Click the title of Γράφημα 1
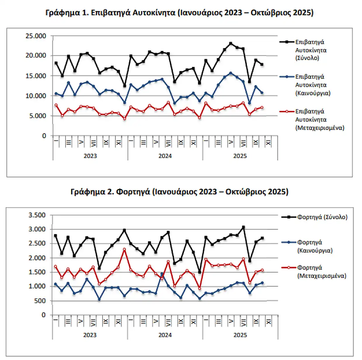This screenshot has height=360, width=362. (179, 13)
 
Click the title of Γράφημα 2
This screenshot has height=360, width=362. (179, 192)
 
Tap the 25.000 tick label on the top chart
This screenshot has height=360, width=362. (36, 36)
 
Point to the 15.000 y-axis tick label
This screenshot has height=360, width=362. (36, 76)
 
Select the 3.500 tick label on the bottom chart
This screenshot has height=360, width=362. (37, 215)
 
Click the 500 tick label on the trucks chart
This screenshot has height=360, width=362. (40, 300)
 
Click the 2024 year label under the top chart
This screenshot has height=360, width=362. (165, 156)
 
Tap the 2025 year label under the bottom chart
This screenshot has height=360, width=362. (240, 335)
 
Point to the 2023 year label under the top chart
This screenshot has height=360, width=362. (90, 156)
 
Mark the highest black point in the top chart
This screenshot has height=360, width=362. (231, 43)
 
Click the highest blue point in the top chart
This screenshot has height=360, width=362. (231, 73)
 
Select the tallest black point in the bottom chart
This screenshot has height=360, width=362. (243, 227)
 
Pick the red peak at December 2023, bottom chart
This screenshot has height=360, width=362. (124, 249)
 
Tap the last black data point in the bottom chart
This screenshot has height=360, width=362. (262, 238)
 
